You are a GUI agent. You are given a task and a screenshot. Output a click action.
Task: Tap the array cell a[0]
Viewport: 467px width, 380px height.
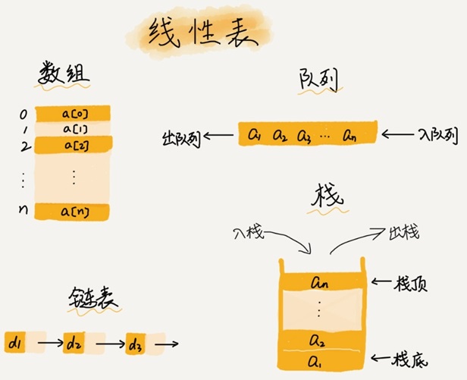tap(73, 113)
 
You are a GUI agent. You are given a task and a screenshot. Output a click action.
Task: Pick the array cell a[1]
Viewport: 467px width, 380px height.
tap(73, 128)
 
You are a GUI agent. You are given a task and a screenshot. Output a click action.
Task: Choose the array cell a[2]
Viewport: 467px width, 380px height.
tap(73, 143)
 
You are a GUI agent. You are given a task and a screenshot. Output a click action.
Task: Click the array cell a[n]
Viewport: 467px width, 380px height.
tap(73, 212)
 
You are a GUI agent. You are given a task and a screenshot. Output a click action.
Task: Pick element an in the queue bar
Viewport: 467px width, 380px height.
tap(351, 136)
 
